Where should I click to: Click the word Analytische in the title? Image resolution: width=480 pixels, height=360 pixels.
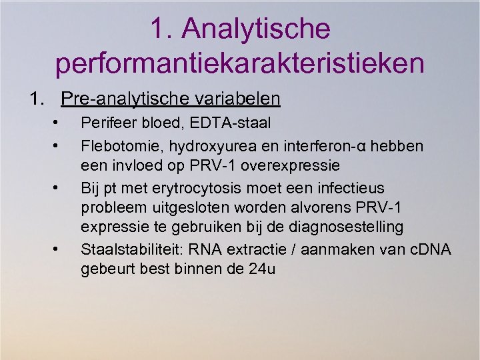click(x=256, y=29)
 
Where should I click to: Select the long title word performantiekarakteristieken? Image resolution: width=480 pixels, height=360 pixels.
click(x=240, y=63)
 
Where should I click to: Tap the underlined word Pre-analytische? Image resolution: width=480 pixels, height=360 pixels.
click(x=123, y=99)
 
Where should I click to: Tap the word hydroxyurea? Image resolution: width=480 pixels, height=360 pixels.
click(x=199, y=144)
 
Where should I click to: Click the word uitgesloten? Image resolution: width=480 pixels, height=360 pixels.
click(x=183, y=207)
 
